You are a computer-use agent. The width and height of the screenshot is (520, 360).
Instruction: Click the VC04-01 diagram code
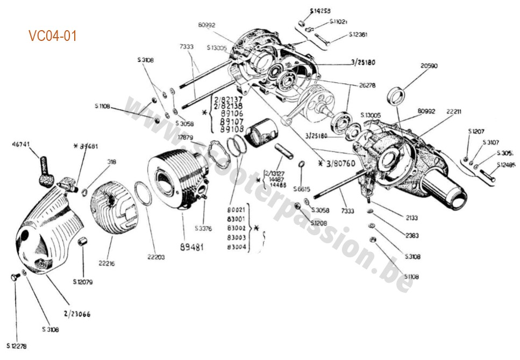coord(53,36)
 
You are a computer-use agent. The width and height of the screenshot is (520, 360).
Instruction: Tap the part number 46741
coord(22,144)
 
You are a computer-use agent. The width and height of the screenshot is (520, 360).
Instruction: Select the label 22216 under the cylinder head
coord(107,264)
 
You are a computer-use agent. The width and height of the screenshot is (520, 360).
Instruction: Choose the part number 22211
coord(454,111)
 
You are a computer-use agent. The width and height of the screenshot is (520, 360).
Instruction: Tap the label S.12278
coord(17,345)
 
